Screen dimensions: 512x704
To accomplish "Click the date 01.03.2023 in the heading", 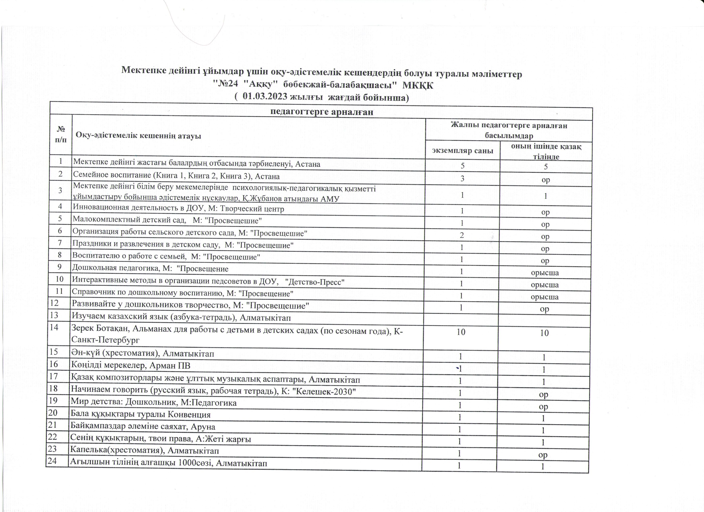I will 264,96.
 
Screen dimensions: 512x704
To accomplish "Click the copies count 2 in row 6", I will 462,235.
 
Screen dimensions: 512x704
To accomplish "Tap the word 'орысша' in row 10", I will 545,285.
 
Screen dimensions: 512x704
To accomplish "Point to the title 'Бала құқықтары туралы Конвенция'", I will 141,414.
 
